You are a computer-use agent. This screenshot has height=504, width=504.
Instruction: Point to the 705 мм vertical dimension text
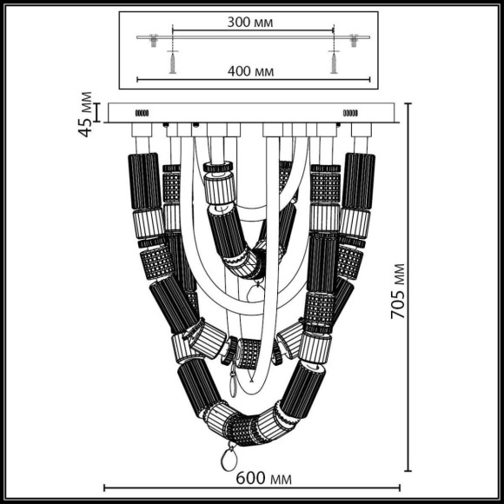(398, 291)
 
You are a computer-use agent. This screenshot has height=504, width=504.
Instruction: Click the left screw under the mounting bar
(173, 62)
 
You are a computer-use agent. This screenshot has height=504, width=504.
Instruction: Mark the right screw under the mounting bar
(331, 62)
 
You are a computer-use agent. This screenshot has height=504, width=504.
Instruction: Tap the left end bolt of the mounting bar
(153, 39)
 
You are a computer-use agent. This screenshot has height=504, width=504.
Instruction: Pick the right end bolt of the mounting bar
(354, 39)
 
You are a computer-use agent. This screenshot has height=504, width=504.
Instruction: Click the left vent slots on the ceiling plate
(142, 112)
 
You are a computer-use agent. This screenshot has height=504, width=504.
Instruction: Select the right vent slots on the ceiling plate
(352, 112)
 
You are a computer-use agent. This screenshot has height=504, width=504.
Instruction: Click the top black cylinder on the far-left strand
(144, 181)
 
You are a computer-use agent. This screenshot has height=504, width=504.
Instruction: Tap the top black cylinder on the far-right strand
(357, 181)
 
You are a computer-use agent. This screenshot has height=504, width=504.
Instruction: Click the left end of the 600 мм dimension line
(105, 487)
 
